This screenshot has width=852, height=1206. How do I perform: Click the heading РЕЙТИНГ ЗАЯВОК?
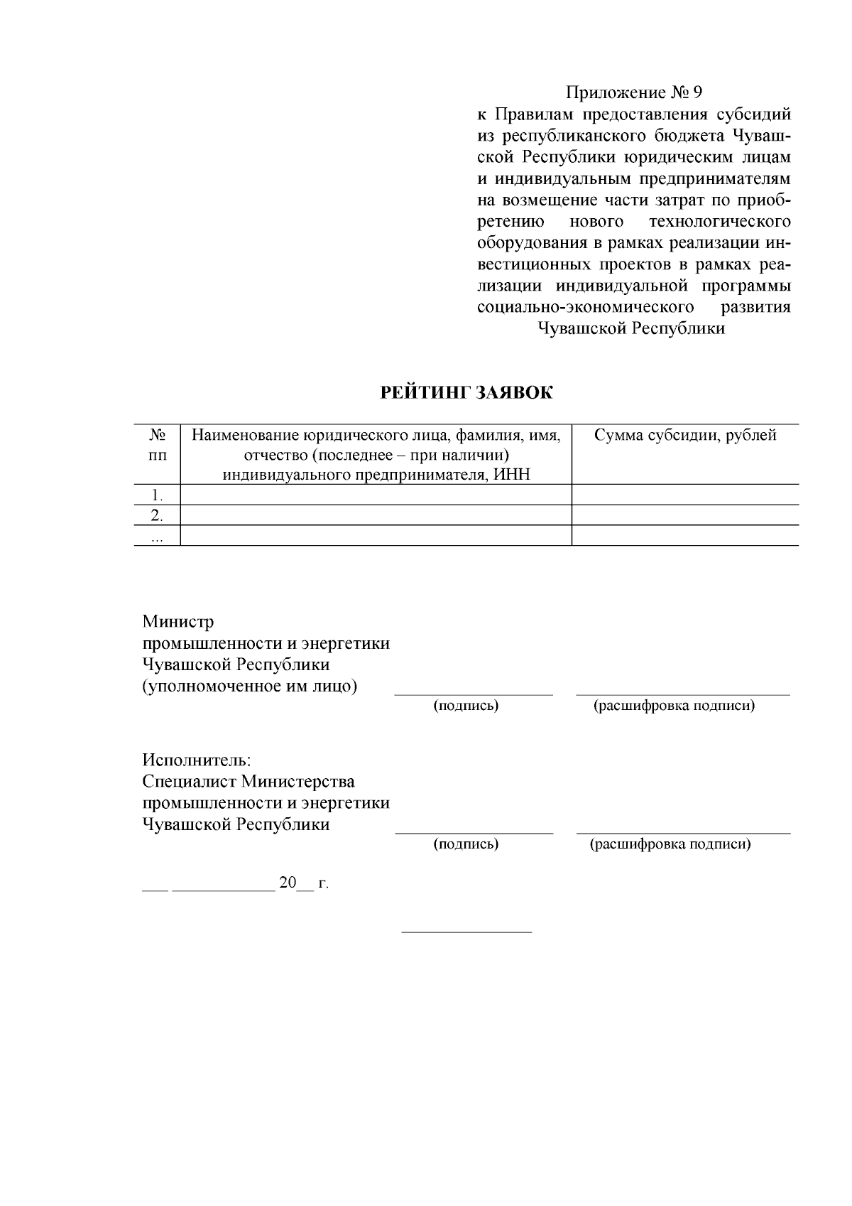(466, 393)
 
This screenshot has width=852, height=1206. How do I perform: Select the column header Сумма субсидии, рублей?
(684, 436)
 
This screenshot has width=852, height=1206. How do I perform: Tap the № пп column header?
(158, 445)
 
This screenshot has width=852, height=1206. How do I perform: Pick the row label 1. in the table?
(158, 495)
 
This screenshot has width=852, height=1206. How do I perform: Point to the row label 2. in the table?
(158, 515)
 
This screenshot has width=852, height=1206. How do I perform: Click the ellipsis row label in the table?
(158, 538)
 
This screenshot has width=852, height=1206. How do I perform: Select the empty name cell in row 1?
(376, 495)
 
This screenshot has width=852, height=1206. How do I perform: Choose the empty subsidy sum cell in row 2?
(684, 515)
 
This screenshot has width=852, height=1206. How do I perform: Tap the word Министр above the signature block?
(177, 622)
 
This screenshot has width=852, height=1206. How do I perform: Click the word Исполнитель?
(197, 760)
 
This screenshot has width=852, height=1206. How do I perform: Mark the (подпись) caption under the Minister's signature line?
(466, 706)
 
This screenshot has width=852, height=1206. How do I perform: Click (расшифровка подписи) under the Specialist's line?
(670, 844)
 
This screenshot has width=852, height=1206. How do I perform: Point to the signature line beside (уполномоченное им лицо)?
(474, 694)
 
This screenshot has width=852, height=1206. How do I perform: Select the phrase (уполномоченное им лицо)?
(250, 687)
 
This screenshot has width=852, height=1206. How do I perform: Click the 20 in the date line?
(288, 883)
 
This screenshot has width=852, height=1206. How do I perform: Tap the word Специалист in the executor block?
(189, 782)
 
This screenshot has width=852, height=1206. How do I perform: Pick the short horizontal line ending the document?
(466, 931)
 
